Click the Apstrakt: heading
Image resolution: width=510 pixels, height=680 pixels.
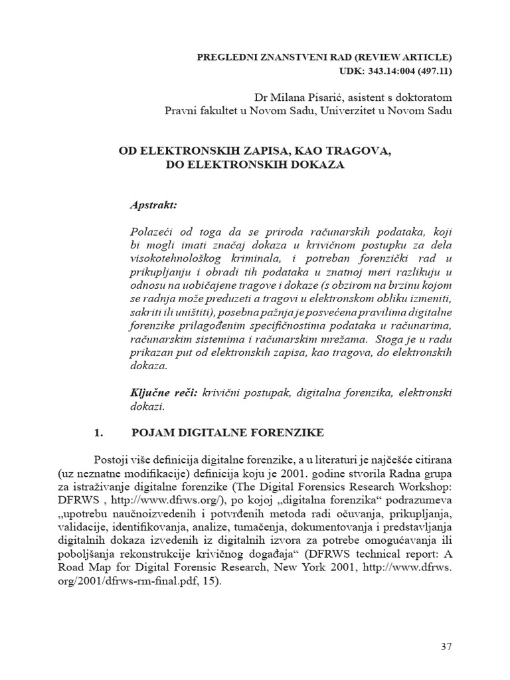[x=153, y=205]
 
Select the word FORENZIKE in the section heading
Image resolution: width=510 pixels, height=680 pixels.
[x=291, y=433]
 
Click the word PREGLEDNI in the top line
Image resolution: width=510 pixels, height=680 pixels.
[x=224, y=56]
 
